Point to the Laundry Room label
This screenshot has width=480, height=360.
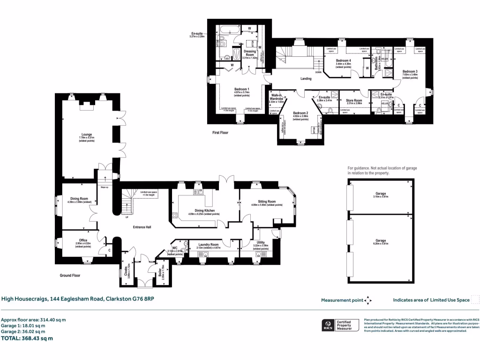[x=208, y=245]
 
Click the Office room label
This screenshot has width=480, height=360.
[x=83, y=240]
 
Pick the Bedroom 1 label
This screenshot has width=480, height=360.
[x=242, y=89]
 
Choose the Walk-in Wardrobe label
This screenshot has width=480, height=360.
[x=278, y=97]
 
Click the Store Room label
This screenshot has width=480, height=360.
[x=354, y=100]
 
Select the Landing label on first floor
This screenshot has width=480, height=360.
[x=306, y=79]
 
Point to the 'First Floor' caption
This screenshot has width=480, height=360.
[x=220, y=133]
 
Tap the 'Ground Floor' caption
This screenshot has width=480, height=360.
[x=70, y=276]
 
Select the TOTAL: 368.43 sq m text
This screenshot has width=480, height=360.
[x=27, y=338]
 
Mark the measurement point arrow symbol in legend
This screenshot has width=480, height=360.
[x=368, y=300]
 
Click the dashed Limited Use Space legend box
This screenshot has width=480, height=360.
[x=475, y=300]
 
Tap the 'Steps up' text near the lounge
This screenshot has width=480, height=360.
[x=104, y=187]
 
